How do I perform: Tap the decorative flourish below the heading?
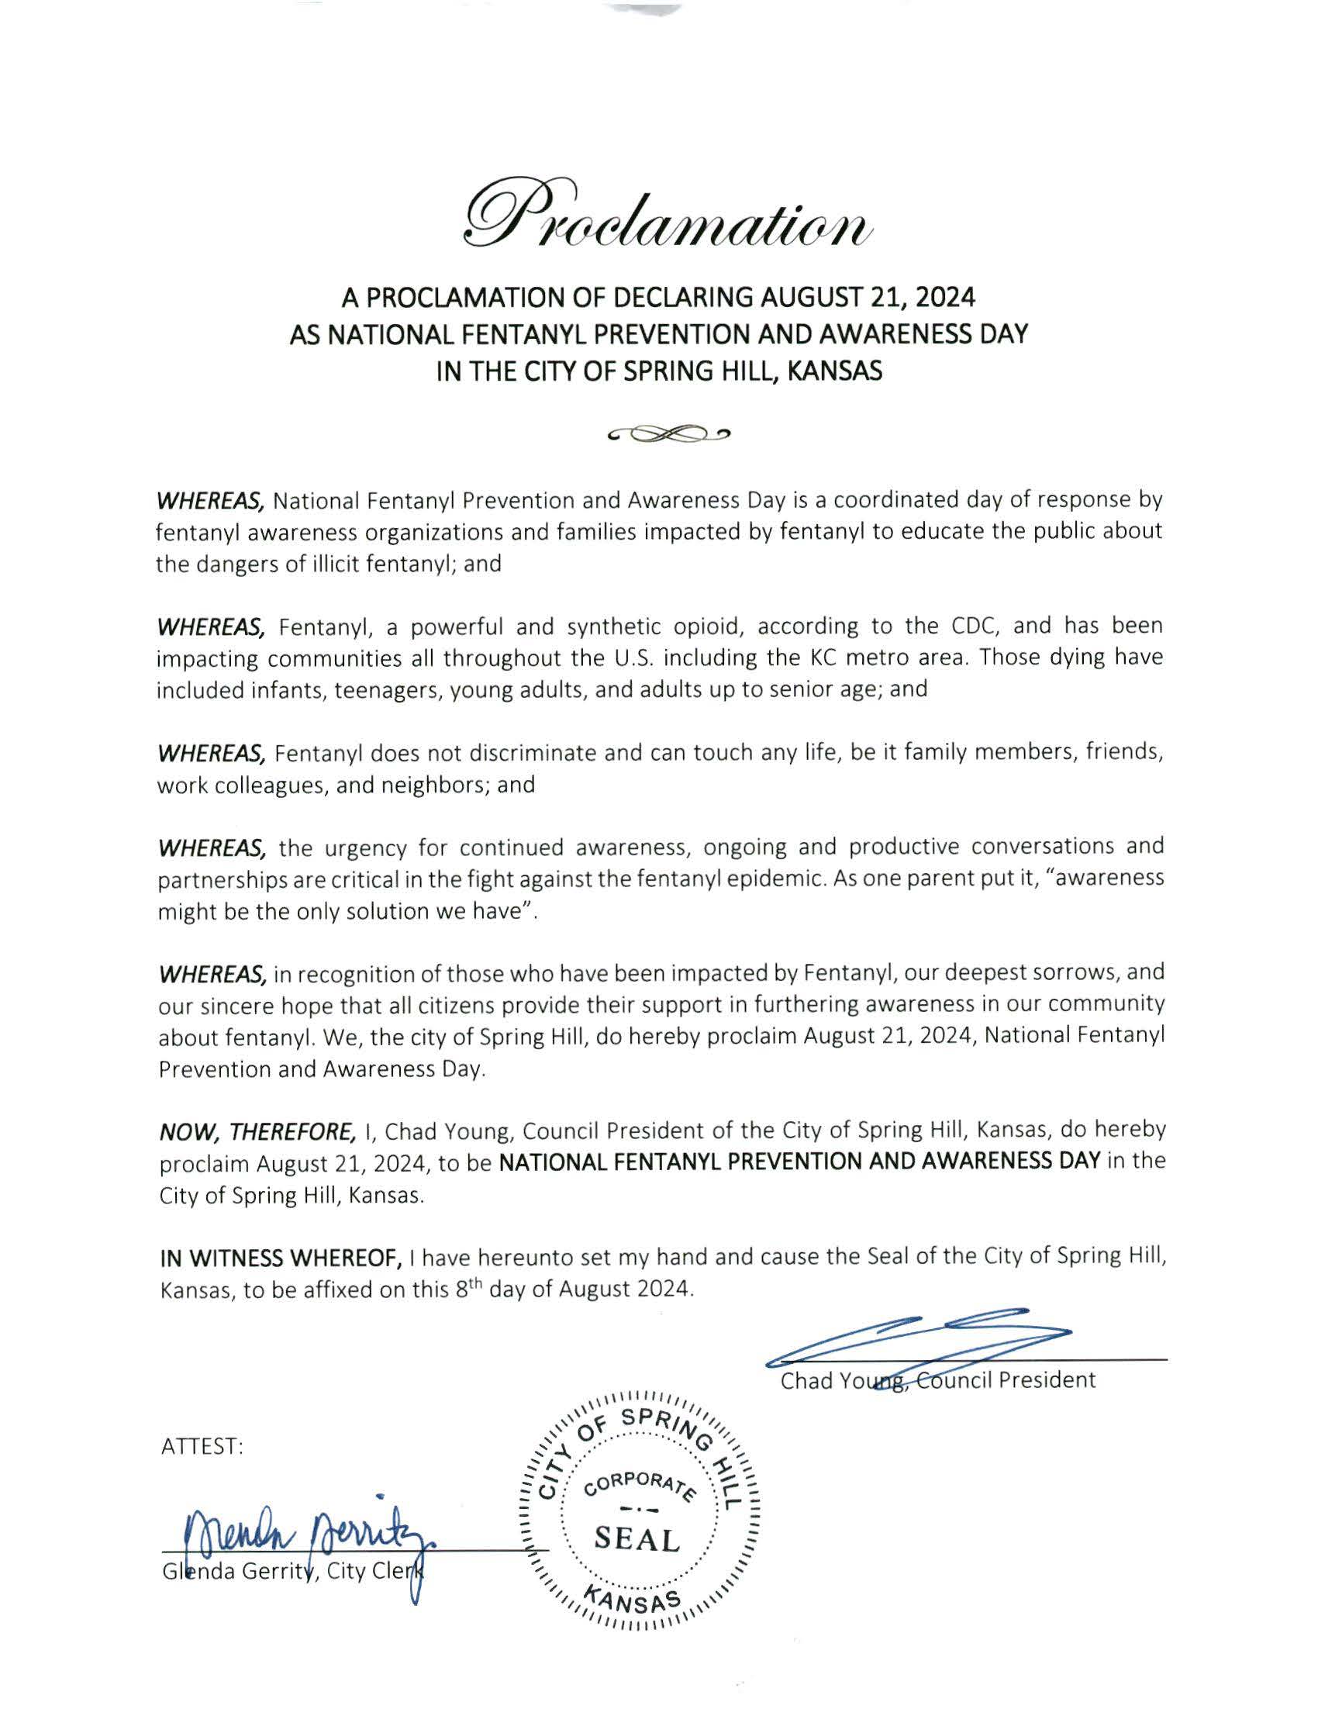668,433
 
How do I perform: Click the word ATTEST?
202,1447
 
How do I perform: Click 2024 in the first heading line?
946,297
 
